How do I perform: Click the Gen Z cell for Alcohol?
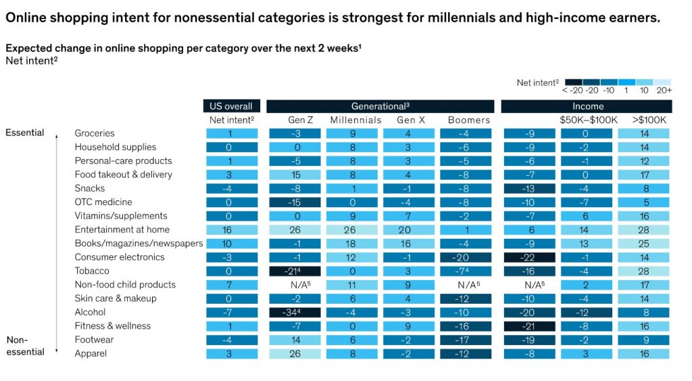(x=295, y=312)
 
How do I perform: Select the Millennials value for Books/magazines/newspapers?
(x=355, y=244)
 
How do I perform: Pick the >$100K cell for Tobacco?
(x=644, y=271)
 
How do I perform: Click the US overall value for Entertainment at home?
(x=231, y=230)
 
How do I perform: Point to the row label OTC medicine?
(x=103, y=202)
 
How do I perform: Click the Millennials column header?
(x=355, y=120)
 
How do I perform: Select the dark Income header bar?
(x=587, y=106)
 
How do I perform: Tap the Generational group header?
(x=380, y=106)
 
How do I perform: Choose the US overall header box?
(x=231, y=106)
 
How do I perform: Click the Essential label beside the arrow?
(x=25, y=133)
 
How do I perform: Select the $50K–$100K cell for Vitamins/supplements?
(x=587, y=216)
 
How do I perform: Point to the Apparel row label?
(x=91, y=353)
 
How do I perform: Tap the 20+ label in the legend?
(x=664, y=90)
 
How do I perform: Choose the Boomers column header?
(x=468, y=120)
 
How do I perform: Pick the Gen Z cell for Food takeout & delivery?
(x=295, y=175)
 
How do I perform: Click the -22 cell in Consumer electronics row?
(x=530, y=257)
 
